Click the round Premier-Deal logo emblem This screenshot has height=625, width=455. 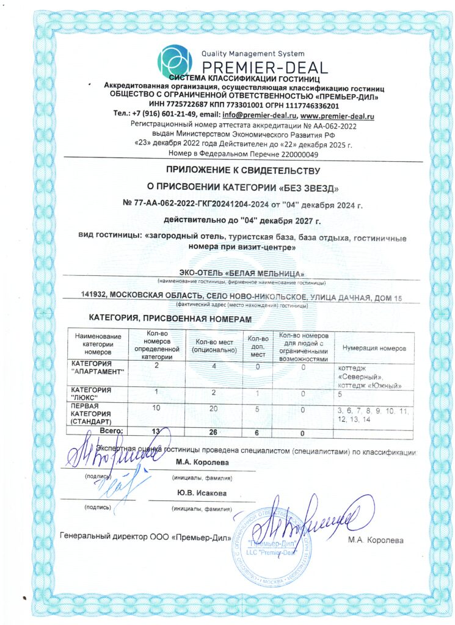175,60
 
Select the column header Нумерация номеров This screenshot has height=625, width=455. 374,348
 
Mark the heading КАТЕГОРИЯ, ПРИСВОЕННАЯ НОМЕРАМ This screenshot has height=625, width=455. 170,319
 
